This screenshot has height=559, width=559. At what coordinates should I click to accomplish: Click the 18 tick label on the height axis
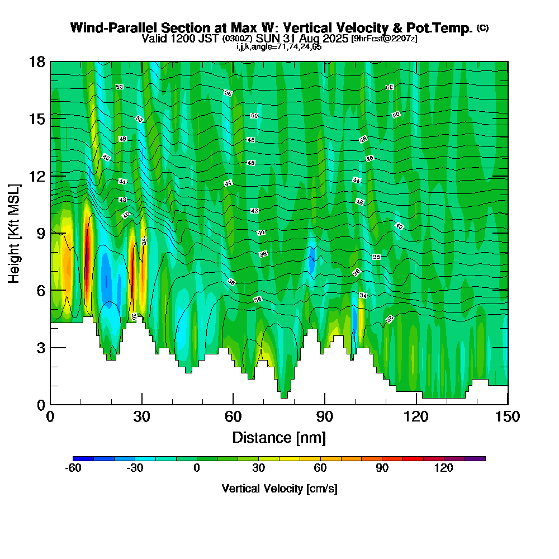click(x=37, y=61)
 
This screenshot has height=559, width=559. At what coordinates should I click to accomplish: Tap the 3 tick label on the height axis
click(x=41, y=348)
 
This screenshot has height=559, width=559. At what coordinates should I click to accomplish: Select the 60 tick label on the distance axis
click(x=233, y=417)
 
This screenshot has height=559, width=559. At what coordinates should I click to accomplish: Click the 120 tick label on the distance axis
click(x=416, y=417)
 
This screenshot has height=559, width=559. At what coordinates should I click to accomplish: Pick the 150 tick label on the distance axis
click(x=508, y=417)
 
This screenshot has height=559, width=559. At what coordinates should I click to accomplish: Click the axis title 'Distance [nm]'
click(x=279, y=437)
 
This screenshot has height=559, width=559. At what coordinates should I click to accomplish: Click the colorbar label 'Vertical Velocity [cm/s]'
click(x=279, y=489)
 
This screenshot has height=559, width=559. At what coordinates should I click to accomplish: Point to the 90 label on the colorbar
click(x=382, y=468)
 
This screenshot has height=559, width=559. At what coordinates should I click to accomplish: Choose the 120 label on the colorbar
click(x=444, y=468)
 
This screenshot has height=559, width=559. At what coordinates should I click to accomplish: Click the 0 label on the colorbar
click(x=197, y=468)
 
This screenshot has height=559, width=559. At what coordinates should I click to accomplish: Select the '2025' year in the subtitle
click(x=330, y=39)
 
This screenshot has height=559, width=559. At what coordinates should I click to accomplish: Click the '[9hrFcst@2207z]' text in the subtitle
click(x=383, y=39)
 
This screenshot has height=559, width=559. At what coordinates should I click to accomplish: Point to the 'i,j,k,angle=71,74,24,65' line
click(x=279, y=47)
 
